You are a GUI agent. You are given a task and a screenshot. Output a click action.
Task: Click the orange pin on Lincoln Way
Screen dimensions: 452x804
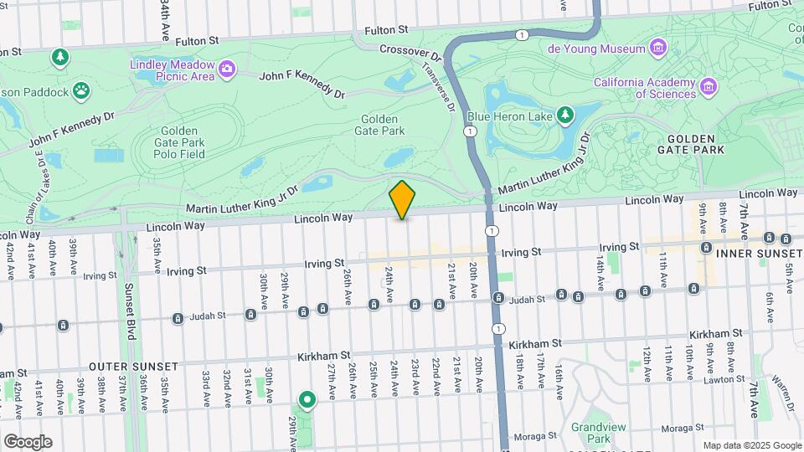point(402,200)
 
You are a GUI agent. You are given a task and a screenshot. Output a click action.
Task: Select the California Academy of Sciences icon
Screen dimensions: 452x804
point(709,86)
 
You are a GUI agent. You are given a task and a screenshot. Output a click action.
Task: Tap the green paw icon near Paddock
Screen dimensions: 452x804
point(81,90)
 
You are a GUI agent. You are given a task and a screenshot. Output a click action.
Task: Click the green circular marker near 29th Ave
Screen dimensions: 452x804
point(307,400)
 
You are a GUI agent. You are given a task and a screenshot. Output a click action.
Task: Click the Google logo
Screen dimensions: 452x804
point(28,442)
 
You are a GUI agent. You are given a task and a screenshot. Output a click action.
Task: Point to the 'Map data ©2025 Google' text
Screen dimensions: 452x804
point(751,445)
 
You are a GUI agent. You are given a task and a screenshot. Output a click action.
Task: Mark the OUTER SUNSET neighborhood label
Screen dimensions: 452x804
point(133,367)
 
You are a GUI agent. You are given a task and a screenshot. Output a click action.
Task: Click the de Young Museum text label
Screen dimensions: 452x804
point(596,47)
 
